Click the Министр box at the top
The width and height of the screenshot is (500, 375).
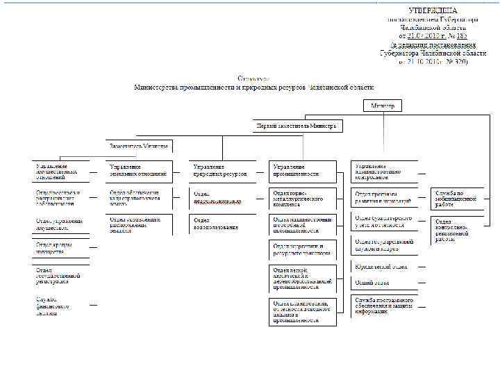click(383, 106)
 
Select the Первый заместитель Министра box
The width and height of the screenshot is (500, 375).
click(297, 127)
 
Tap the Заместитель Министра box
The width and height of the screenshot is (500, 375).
click(139, 147)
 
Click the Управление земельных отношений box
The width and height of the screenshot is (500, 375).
click(139, 170)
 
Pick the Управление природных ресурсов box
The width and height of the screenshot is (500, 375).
click(222, 170)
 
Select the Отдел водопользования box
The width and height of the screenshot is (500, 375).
click(222, 224)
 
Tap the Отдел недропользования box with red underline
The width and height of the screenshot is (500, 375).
click(222, 197)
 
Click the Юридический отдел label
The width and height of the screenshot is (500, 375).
click(381, 267)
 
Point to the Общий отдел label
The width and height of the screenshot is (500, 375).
click(381, 283)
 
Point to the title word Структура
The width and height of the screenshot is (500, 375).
click(253, 78)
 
